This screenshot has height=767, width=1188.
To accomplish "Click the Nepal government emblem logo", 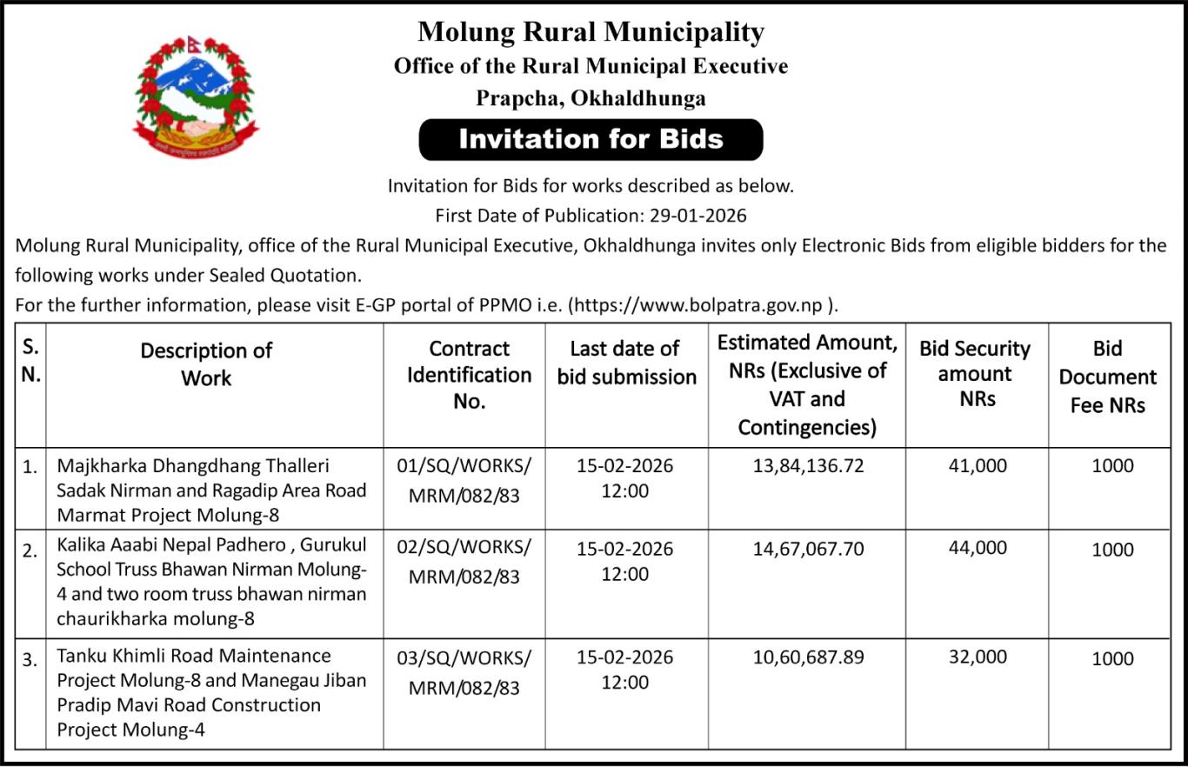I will pyautogui.click(x=196, y=97).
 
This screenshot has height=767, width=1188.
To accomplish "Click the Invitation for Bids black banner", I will pyautogui.click(x=591, y=139).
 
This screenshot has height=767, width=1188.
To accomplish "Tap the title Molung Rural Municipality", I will pyautogui.click(x=591, y=32).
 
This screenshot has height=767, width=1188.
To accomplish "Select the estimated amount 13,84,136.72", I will pyautogui.click(x=808, y=466).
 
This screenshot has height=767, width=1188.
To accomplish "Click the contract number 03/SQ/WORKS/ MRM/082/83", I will pyautogui.click(x=464, y=671).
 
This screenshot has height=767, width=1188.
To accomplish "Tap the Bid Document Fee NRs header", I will pyautogui.click(x=1107, y=377).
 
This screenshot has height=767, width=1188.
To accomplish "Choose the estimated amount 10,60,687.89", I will pyautogui.click(x=808, y=657).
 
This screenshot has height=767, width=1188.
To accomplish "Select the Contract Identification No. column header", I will pyautogui.click(x=469, y=375).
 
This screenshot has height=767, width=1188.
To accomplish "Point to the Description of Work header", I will pyautogui.click(x=206, y=364).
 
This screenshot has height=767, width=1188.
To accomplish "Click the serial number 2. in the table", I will pyautogui.click(x=30, y=550).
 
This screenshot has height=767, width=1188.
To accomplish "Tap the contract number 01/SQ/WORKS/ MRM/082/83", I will pyautogui.click(x=464, y=478).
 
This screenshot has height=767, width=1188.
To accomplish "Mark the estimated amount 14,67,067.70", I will pyautogui.click(x=808, y=548).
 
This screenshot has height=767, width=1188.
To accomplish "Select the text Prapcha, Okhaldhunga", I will pyautogui.click(x=591, y=98).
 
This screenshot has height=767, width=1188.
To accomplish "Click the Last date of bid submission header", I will pyautogui.click(x=626, y=363).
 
